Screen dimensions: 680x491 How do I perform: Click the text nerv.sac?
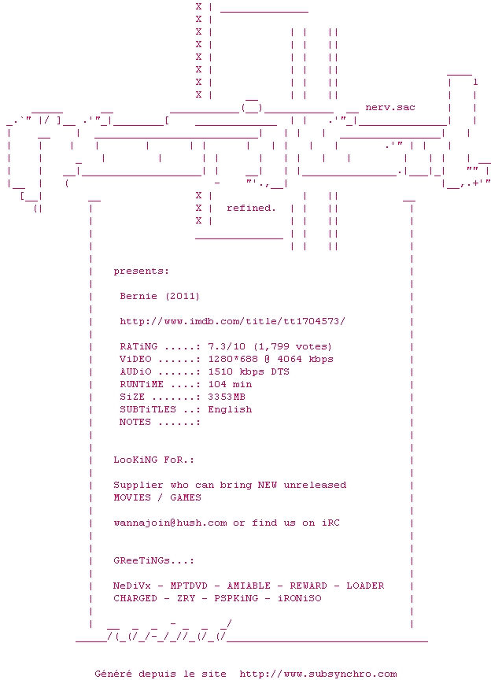(x=390, y=107)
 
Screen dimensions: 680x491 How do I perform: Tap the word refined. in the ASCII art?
(x=251, y=208)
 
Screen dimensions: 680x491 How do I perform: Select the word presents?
(x=141, y=271)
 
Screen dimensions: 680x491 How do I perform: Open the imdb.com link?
(x=232, y=321)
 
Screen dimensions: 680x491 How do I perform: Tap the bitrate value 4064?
(x=286, y=359)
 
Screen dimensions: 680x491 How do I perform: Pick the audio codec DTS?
(x=280, y=371)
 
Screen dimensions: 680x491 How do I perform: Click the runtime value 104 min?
(x=230, y=384)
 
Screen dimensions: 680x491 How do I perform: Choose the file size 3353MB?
(x=227, y=397)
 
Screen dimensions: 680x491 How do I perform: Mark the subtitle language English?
(x=230, y=409)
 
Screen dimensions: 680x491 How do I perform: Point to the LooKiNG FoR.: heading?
(x=153, y=460)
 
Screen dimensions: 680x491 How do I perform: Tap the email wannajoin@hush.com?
(x=170, y=523)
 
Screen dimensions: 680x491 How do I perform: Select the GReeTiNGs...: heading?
(x=153, y=560)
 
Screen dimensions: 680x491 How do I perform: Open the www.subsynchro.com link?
(x=318, y=674)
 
